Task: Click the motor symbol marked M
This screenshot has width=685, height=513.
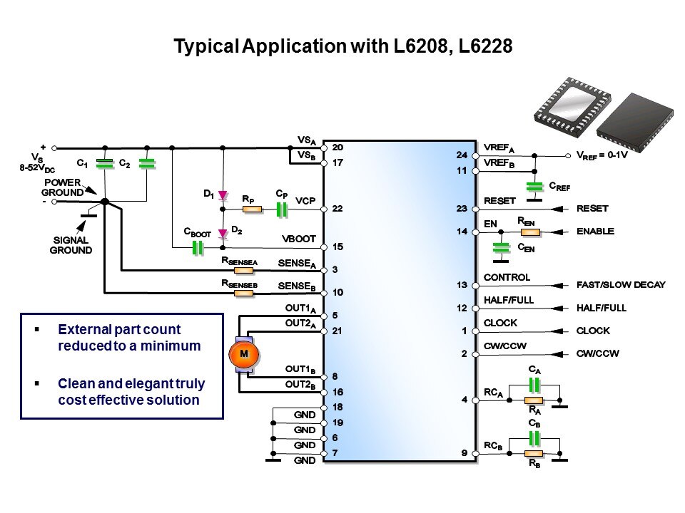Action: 243,354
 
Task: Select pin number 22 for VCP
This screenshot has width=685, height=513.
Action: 338,209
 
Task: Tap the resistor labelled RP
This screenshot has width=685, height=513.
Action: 250,209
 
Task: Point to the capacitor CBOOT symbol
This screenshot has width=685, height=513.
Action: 198,247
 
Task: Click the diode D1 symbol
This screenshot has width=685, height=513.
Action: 222,195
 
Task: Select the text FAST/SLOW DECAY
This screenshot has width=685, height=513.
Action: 620,285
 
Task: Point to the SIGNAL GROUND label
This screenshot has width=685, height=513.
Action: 71,246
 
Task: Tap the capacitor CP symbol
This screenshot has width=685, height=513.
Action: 282,209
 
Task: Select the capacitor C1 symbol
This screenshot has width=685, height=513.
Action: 105,164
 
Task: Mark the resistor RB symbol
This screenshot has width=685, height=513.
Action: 533,453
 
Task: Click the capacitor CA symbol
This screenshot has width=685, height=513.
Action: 533,385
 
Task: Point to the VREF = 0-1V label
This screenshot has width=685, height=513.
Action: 602,155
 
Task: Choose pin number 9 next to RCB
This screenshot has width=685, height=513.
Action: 464,453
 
